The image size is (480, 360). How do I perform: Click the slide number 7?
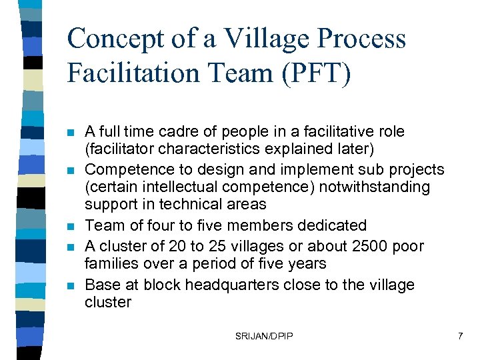[460, 337]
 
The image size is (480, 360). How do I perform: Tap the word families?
[111, 264]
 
